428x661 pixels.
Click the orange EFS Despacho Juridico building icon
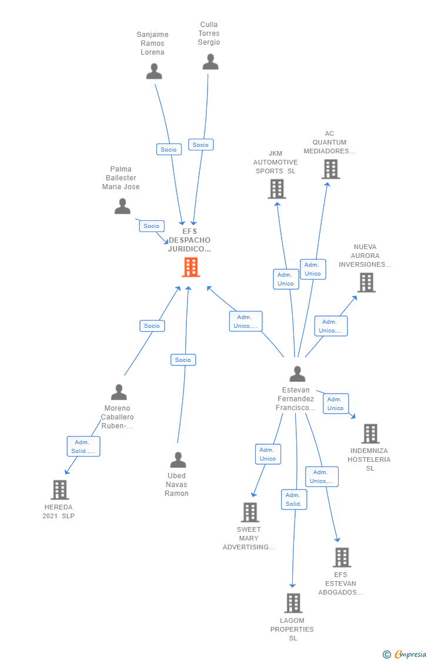click(x=190, y=267)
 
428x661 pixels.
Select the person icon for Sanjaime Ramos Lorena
click(x=154, y=71)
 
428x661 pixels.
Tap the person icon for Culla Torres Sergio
click(x=210, y=62)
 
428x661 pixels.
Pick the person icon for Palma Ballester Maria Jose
click(x=122, y=206)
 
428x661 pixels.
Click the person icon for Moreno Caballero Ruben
click(x=119, y=392)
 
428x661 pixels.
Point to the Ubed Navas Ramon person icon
click(x=178, y=459)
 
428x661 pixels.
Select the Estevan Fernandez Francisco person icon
click(x=297, y=374)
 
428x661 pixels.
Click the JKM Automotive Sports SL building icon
click(x=276, y=189)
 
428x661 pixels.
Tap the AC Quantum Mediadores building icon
click(x=330, y=169)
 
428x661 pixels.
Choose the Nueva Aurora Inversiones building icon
click(x=366, y=283)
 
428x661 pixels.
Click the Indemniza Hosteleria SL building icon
click(x=370, y=434)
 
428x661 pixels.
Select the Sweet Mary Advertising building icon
click(x=250, y=512)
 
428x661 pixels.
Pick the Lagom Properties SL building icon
click(x=293, y=603)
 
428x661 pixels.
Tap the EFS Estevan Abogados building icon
click(x=342, y=557)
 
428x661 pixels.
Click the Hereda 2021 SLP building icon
click(x=59, y=489)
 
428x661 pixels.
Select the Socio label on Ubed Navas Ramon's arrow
click(x=183, y=360)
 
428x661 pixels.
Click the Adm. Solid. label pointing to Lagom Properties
click(x=294, y=499)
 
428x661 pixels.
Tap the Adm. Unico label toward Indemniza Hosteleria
click(x=336, y=404)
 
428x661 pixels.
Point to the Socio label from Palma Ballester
click(x=152, y=226)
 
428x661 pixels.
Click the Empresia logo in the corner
click(x=406, y=654)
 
